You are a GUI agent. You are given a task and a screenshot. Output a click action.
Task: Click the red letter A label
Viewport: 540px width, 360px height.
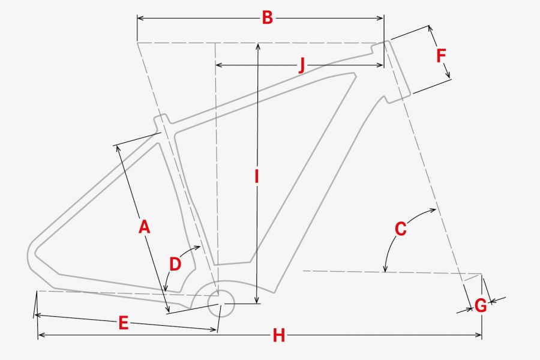pos(144,227)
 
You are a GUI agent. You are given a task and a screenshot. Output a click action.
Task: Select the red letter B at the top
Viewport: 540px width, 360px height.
pos(267,17)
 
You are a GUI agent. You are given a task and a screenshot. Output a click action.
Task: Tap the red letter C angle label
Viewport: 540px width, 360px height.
pos(401,229)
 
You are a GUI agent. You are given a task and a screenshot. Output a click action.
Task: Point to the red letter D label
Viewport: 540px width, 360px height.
pos(175,264)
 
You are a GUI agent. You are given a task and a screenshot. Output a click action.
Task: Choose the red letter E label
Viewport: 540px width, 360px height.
pos(123,323)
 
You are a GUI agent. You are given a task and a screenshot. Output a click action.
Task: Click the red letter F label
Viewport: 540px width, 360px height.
pos(441,56)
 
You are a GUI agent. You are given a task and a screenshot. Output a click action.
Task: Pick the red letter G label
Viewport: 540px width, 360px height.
pos(481,305)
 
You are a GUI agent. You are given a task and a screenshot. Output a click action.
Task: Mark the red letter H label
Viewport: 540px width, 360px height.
pos(278,335)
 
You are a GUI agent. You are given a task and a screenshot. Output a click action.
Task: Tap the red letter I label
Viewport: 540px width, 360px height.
pos(256,176)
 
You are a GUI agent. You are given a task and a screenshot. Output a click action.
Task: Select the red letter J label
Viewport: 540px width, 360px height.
pos(302,65)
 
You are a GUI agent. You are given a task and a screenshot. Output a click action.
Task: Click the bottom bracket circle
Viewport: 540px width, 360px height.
pos(221,303)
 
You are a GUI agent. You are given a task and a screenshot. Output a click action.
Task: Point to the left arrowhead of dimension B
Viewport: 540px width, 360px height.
pos(140,18)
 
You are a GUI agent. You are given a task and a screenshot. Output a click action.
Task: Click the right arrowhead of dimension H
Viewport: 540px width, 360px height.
pos(479,335)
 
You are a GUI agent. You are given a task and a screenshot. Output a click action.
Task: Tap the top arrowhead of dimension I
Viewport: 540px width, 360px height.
pos(258,46)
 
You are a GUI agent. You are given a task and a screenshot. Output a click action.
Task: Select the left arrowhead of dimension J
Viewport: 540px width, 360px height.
pos(218,65)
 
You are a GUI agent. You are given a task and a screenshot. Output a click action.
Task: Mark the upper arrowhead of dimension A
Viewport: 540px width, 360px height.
pos(118,148)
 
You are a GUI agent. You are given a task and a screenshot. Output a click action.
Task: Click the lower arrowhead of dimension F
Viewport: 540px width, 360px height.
pos(448,75)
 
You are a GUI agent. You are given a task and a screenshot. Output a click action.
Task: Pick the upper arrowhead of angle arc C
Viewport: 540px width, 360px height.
pos(433,210)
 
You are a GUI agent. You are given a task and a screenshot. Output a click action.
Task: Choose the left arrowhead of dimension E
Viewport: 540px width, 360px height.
pos(38,315)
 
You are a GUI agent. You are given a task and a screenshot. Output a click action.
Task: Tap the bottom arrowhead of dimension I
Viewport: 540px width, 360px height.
pos(257,301)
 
